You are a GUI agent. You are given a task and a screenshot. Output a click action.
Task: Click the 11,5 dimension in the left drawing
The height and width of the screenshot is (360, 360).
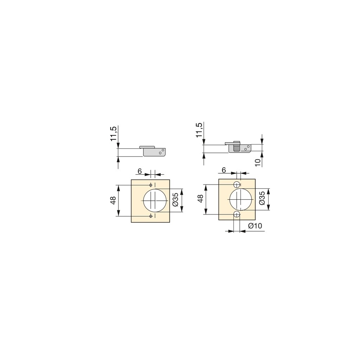click(113, 133)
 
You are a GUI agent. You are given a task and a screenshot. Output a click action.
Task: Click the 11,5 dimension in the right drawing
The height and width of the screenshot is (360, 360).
click(199, 130)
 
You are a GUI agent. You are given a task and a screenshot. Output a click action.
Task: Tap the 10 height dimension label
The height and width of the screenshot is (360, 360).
click(258, 162)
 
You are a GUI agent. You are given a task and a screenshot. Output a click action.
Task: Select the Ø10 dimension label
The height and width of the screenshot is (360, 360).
click(255, 226)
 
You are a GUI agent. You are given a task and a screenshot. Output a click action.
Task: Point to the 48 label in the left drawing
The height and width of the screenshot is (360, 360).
click(113, 200)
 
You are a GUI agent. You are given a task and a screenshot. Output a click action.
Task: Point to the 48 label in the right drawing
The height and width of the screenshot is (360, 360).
click(200, 199)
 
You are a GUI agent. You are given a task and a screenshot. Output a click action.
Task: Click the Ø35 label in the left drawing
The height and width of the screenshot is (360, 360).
click(175, 200)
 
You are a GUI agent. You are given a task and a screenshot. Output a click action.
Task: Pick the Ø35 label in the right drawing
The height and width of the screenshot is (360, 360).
click(262, 198)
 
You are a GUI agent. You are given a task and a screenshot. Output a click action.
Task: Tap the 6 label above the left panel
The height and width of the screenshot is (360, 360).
click(140, 171)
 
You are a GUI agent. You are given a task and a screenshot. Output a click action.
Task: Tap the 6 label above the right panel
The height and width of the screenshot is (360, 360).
click(224, 170)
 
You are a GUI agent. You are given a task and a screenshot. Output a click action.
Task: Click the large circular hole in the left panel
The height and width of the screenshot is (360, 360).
click(155, 200)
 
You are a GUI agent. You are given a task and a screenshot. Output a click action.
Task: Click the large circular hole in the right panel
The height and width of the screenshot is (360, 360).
click(240, 199)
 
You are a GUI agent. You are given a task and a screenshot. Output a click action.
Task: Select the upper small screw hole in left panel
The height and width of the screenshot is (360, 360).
click(151, 185)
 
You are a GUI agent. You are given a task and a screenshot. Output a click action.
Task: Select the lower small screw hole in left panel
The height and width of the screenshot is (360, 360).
click(151, 216)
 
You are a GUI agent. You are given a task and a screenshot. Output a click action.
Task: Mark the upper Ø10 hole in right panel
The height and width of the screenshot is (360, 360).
click(237, 185)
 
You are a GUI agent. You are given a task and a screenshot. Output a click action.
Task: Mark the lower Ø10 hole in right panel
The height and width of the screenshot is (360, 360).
click(237, 214)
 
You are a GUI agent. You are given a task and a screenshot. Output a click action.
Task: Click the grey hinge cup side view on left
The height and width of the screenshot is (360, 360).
click(155, 152)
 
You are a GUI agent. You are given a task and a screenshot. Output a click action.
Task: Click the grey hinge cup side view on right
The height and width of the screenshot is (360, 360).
click(241, 148)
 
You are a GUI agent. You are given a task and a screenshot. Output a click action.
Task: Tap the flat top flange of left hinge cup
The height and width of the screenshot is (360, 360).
click(147, 146)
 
